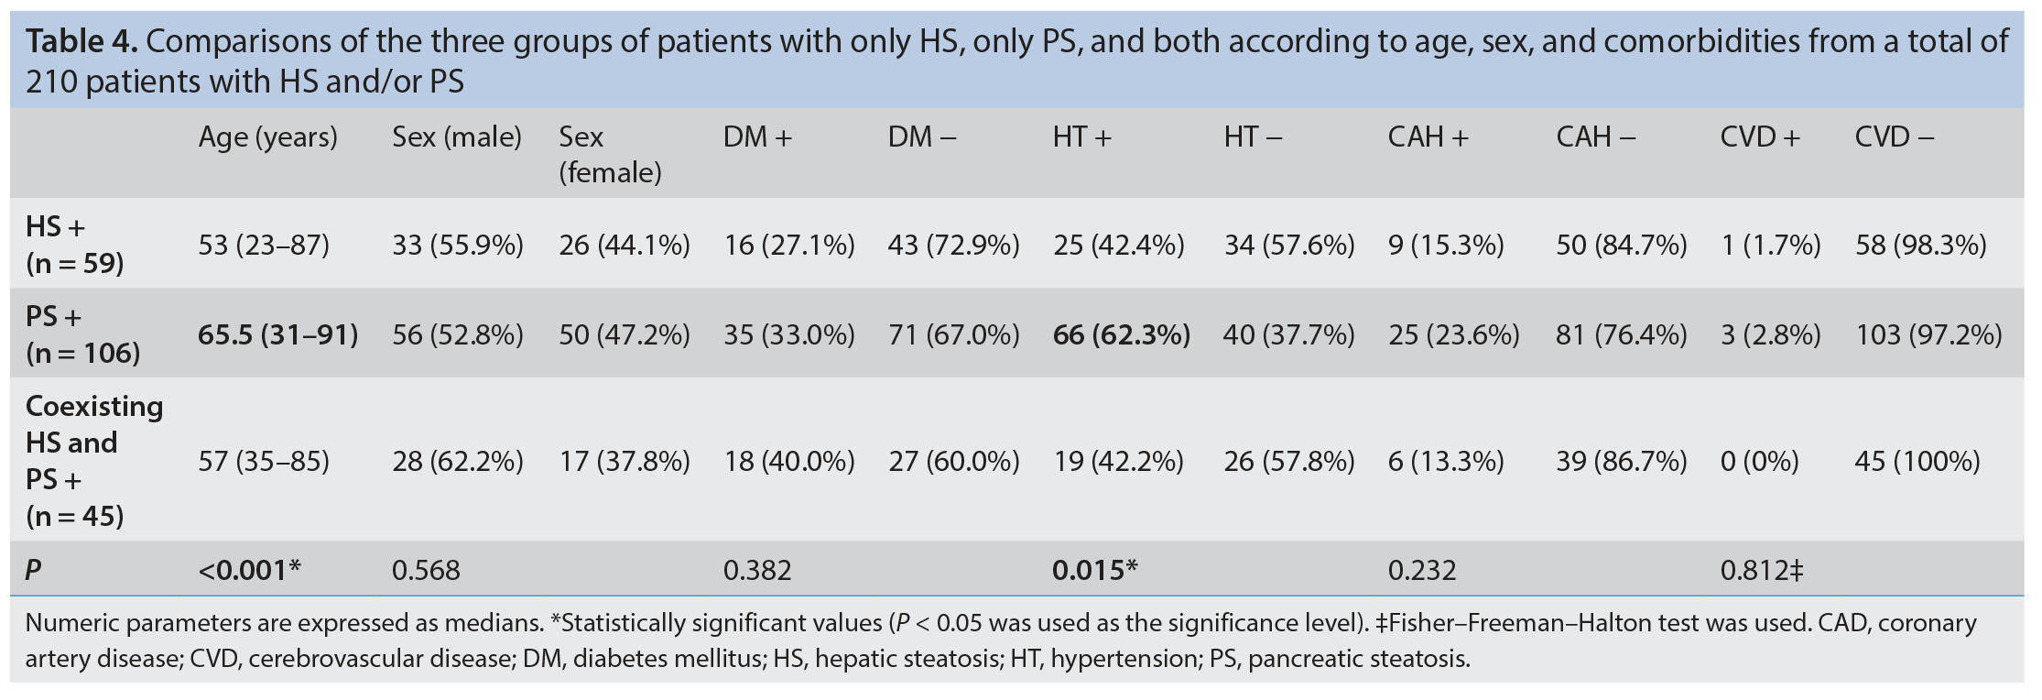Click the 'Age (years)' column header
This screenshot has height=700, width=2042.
(267, 137)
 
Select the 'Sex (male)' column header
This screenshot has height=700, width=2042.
(457, 137)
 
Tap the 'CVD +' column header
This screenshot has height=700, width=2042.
(1760, 137)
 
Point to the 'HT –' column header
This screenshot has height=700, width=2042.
(1253, 137)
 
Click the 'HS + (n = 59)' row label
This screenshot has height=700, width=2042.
(74, 245)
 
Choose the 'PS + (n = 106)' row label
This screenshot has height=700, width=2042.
(82, 334)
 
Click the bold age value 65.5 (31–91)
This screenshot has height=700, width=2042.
(278, 335)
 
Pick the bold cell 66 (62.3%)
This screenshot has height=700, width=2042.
(1122, 335)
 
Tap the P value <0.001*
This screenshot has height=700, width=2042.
(250, 571)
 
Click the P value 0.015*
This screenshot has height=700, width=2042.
(1095, 571)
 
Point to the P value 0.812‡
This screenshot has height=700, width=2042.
(1762, 571)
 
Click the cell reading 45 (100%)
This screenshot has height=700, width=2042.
(1917, 461)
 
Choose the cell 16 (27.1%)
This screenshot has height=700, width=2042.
(789, 246)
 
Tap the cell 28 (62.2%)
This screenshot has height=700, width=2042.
(458, 461)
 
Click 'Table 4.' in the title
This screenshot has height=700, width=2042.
(81, 41)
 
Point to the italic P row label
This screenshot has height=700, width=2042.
(33, 571)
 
